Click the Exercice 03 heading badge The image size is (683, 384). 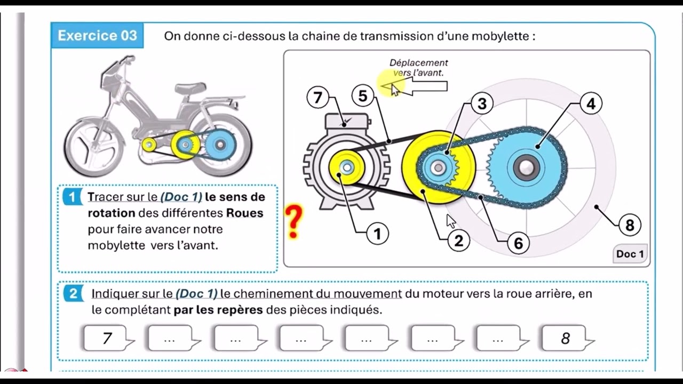[x=97, y=36]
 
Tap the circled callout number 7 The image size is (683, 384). [x=318, y=98]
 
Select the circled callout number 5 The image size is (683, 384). [x=363, y=96]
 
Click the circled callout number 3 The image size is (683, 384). [x=482, y=103]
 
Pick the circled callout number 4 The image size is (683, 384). [x=591, y=103]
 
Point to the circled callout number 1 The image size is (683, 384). [x=377, y=234]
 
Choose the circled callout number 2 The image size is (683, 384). [x=458, y=241]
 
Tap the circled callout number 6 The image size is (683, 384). [x=518, y=243]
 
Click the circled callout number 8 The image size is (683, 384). [x=630, y=225]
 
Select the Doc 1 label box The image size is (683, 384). [x=630, y=254]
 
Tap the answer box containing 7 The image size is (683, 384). [x=107, y=338]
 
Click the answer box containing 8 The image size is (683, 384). [x=566, y=338]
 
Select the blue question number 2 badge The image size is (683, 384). [x=73, y=293]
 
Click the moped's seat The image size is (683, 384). [x=190, y=87]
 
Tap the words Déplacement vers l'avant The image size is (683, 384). [x=418, y=68]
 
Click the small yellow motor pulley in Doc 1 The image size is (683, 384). [x=347, y=167]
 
